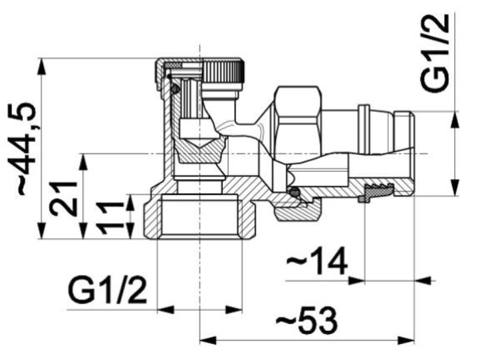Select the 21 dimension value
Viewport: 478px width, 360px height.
click(x=63, y=198)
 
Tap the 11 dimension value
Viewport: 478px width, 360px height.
click(x=110, y=217)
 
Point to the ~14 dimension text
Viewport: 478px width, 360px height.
click(x=316, y=261)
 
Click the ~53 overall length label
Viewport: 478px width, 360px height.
click(x=306, y=320)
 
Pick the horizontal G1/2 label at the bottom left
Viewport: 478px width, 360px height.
click(x=107, y=290)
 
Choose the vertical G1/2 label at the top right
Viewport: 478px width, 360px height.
click(x=435, y=53)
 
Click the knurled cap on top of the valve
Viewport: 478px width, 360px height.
click(x=223, y=72)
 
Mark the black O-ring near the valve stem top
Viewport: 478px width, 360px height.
click(x=175, y=89)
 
